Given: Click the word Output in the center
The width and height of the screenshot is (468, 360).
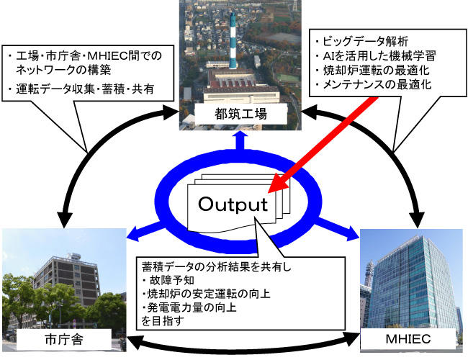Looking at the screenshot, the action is click(x=233, y=204).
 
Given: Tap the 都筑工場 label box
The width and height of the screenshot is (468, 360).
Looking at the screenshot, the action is click(x=240, y=114).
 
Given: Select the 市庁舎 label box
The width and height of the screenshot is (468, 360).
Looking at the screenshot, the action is click(x=63, y=339).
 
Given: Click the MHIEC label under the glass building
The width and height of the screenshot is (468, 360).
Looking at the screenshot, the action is click(x=408, y=339).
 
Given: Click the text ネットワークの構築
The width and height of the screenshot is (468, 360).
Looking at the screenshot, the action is click(x=63, y=70).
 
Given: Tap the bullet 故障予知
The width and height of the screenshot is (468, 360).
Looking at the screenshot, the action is click(x=168, y=280).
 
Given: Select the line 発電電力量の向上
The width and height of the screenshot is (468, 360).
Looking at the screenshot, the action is click(x=189, y=307).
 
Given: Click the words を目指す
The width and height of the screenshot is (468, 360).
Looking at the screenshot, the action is click(x=163, y=321).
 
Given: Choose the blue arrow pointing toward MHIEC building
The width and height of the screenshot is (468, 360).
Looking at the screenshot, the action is click(x=336, y=229).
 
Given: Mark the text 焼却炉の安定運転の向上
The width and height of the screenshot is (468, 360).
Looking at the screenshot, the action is click(x=206, y=294).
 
